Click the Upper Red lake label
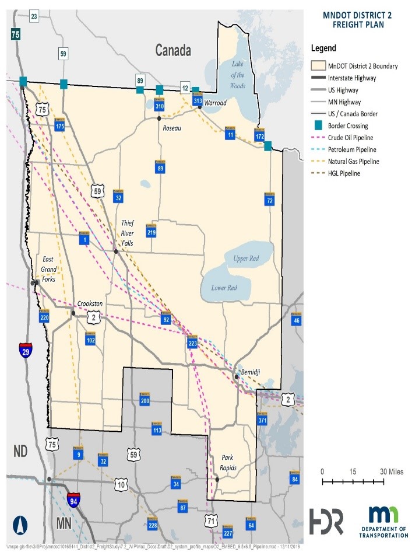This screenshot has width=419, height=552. coord(245,258)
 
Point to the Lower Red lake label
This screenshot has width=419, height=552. coord(224,288)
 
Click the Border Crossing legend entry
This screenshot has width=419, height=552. coord(347,125)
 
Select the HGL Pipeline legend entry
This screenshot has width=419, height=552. coord(344,173)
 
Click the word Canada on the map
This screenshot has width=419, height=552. coord(173,51)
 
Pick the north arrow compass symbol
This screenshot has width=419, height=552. coord(21,525)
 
